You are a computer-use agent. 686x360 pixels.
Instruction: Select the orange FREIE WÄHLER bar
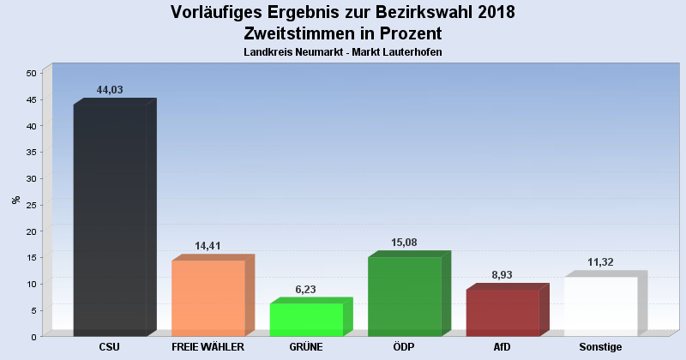[x=208, y=297]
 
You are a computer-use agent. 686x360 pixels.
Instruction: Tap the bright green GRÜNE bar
[x=306, y=319]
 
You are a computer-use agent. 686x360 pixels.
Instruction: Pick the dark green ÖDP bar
[x=404, y=296]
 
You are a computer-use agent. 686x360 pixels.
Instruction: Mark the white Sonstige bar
[x=600, y=306]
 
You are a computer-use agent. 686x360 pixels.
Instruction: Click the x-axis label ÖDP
[x=404, y=347]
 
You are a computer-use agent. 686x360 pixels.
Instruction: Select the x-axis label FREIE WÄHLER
[x=208, y=347]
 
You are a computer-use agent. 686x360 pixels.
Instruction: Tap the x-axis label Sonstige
[x=600, y=347]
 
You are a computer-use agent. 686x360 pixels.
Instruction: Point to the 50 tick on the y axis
[x=31, y=74]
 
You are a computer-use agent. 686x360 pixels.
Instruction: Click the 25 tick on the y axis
[x=31, y=205]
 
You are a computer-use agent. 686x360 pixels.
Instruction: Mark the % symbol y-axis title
[x=15, y=200]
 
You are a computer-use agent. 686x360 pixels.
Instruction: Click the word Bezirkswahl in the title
[x=402, y=13]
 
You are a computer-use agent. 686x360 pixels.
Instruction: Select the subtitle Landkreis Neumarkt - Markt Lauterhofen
[x=343, y=52]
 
